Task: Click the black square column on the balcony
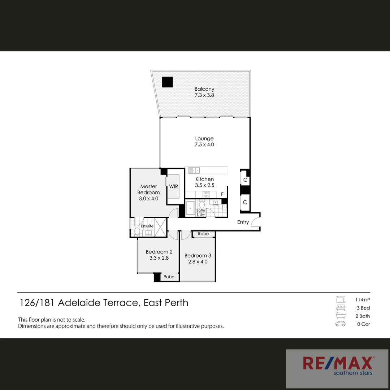(167, 82)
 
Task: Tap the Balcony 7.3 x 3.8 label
(204, 92)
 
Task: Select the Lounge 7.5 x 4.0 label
(204, 142)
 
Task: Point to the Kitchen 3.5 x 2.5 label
(205, 182)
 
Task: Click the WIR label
(174, 187)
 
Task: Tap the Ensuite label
(147, 226)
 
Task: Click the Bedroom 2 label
(159, 255)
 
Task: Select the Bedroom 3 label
(198, 259)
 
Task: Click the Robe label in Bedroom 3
(203, 234)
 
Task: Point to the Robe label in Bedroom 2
(169, 277)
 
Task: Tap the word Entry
(243, 222)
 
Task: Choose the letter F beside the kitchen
(222, 194)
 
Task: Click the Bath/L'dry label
(201, 212)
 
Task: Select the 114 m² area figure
(362, 300)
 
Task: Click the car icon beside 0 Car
(340, 324)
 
